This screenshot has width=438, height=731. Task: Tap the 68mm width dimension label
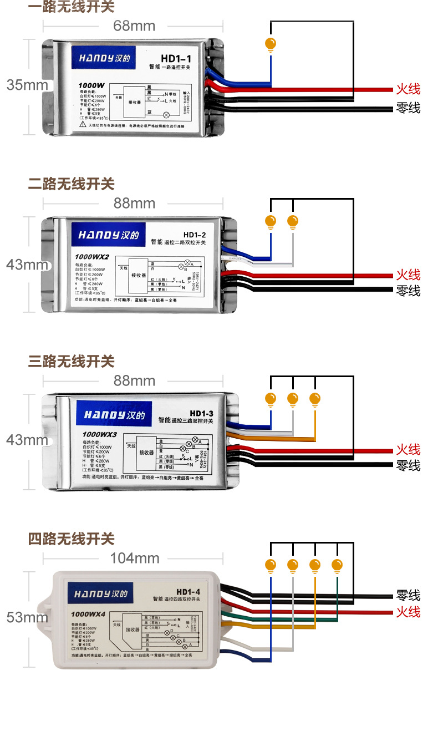(x=134, y=26)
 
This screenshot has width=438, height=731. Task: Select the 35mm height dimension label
(x=27, y=85)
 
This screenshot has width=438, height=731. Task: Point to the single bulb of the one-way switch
(x=271, y=44)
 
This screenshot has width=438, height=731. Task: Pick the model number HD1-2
(x=194, y=235)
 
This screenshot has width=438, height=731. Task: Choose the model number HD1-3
(x=201, y=413)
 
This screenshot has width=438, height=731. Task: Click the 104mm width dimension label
(x=134, y=558)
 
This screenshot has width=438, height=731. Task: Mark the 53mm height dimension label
(x=27, y=617)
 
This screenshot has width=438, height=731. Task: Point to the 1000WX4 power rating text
(x=92, y=613)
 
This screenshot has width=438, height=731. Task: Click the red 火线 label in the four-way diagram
(x=408, y=612)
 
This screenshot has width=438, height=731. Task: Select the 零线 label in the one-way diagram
(x=408, y=108)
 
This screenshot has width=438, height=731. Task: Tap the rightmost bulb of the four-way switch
(x=337, y=566)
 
